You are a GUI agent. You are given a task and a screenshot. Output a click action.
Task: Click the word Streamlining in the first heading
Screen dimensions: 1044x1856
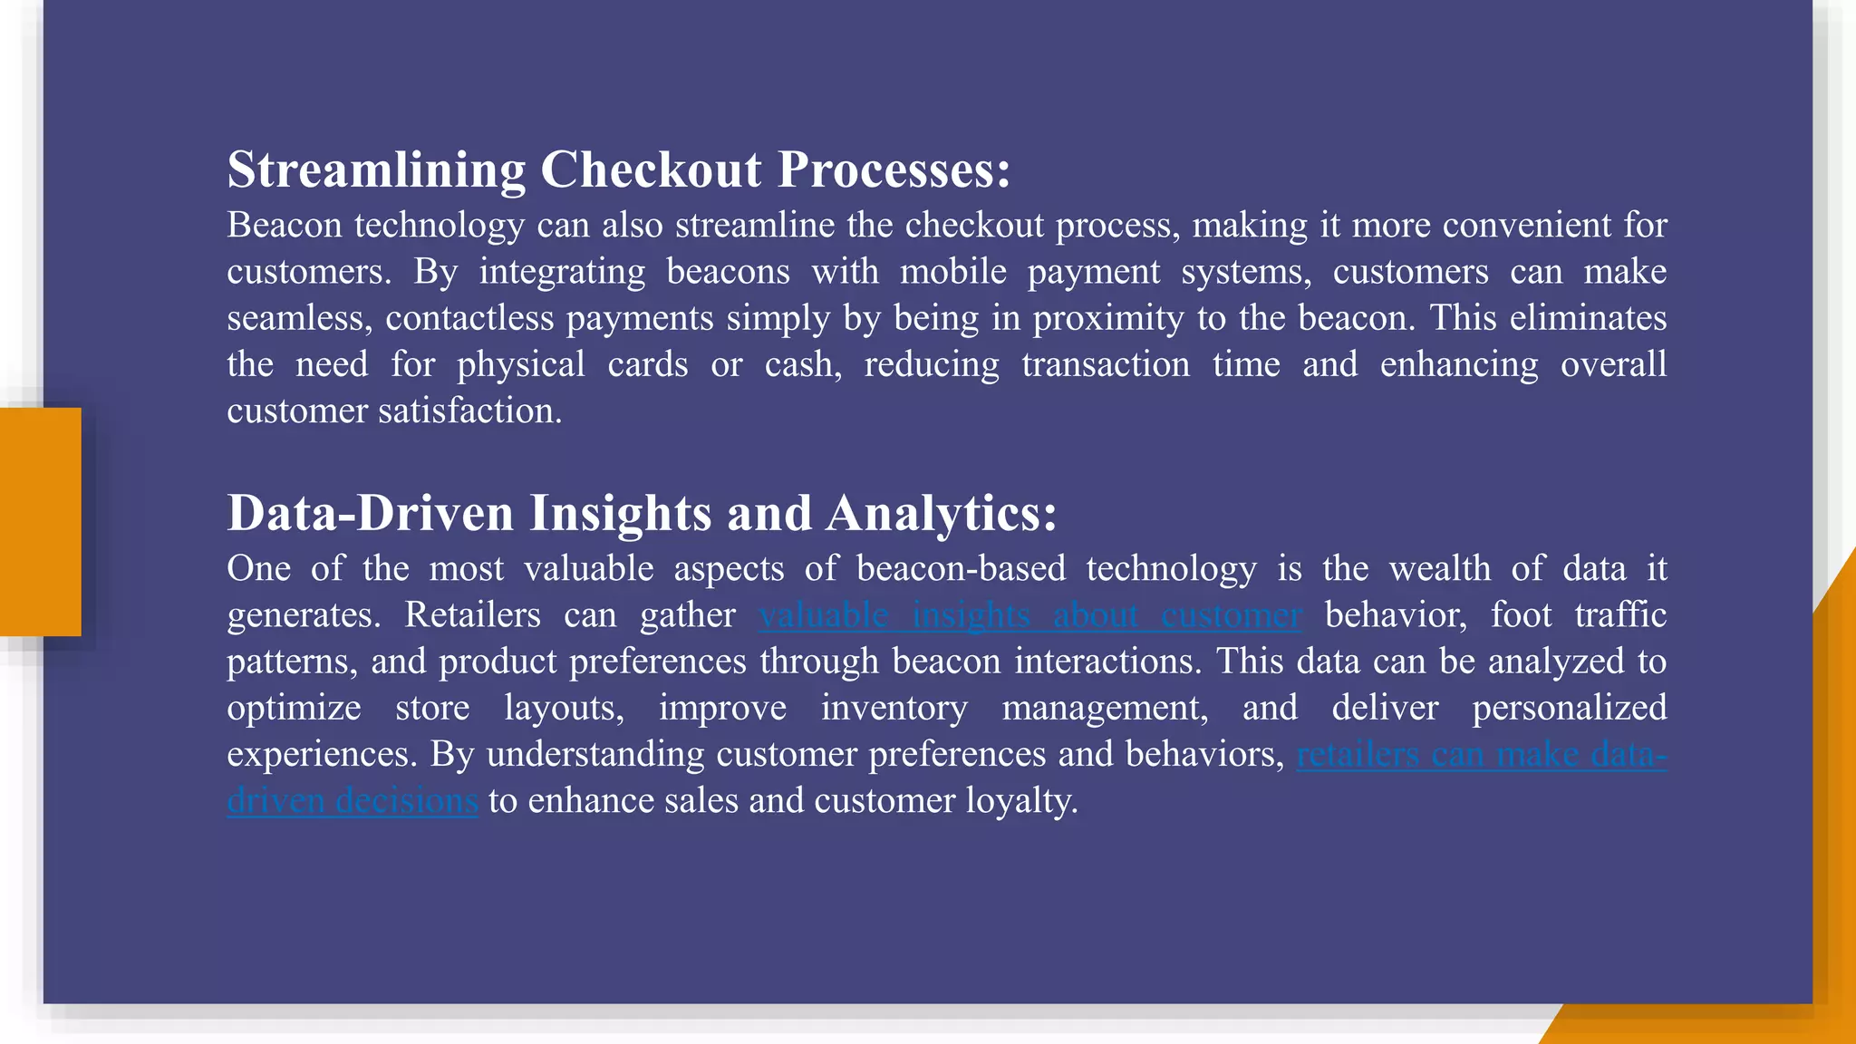[375, 170]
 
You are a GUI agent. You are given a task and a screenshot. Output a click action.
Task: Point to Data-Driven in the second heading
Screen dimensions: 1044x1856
[370, 514]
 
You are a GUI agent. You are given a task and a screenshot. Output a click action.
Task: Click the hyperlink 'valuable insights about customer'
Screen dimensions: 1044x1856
[1030, 615]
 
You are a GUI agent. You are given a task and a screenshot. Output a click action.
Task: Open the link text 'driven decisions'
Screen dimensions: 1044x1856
[353, 801]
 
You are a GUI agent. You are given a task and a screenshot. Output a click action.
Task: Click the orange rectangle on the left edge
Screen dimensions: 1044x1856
[40, 522]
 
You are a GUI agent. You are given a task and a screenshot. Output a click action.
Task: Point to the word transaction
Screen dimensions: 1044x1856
[1106, 365]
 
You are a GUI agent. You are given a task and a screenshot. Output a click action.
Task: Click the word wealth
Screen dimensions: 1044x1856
[1439, 569]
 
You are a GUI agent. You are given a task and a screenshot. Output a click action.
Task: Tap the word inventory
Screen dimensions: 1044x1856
[894, 708]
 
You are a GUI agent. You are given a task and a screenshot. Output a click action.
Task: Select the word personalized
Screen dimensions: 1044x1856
[1569, 708]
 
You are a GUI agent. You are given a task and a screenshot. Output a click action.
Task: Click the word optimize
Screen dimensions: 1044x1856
[294, 708]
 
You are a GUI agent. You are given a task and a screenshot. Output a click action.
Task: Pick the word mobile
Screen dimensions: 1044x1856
[952, 272]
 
